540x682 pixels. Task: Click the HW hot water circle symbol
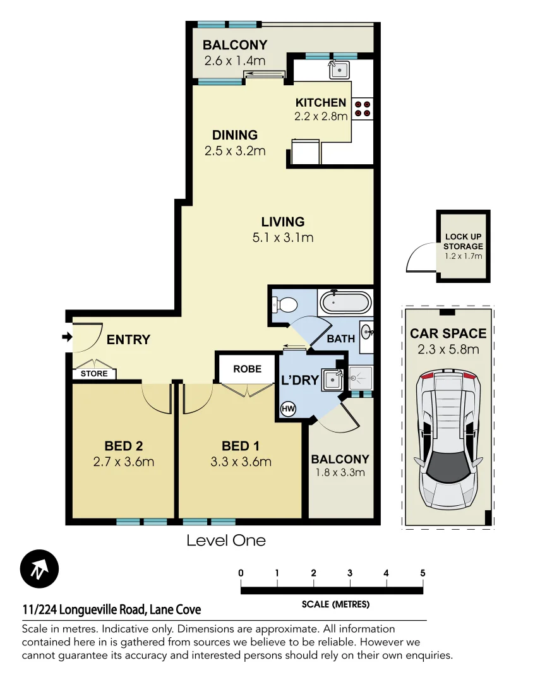tap(288, 409)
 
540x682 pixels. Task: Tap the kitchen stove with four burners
tap(363, 109)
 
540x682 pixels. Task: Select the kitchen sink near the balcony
tap(340, 68)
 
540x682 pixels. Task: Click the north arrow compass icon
tap(39, 569)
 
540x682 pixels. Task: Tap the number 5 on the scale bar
tap(422, 573)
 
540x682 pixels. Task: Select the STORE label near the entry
tap(94, 374)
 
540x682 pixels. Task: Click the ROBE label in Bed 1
tap(247, 369)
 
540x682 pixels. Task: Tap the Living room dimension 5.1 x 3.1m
tap(283, 238)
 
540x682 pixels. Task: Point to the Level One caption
tap(226, 541)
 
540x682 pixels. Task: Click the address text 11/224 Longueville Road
tap(112, 610)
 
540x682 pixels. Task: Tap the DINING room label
tap(234, 135)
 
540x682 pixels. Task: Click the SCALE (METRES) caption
tap(335, 604)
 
